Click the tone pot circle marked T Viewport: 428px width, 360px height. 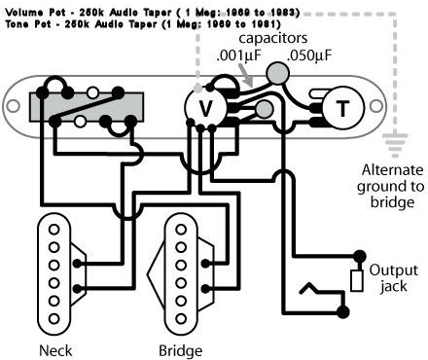coord(342,107)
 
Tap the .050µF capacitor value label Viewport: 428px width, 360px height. coord(309,55)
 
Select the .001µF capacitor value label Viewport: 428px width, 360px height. coord(238,55)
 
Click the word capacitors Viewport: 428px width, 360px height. coord(273,38)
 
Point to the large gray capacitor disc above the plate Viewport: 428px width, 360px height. coord(277,73)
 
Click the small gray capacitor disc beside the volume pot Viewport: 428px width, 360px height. coord(265,109)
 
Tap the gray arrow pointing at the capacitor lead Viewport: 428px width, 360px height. coord(245,75)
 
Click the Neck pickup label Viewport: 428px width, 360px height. coord(55,350)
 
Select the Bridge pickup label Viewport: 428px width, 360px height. coord(181,350)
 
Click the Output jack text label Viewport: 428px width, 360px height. coord(394,278)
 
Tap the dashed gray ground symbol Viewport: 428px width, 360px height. coord(395,145)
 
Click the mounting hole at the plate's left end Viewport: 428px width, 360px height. coord(14,106)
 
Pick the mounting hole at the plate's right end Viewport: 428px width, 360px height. coord(376,106)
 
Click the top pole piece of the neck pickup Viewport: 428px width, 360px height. coord(54,230)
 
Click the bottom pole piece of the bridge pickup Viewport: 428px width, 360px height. coord(181,319)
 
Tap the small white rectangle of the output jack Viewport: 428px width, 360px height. coord(356,280)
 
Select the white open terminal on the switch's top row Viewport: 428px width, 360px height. coord(92,93)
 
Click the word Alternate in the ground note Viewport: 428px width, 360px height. coord(392,170)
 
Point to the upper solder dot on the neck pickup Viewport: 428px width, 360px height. coord(77,264)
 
